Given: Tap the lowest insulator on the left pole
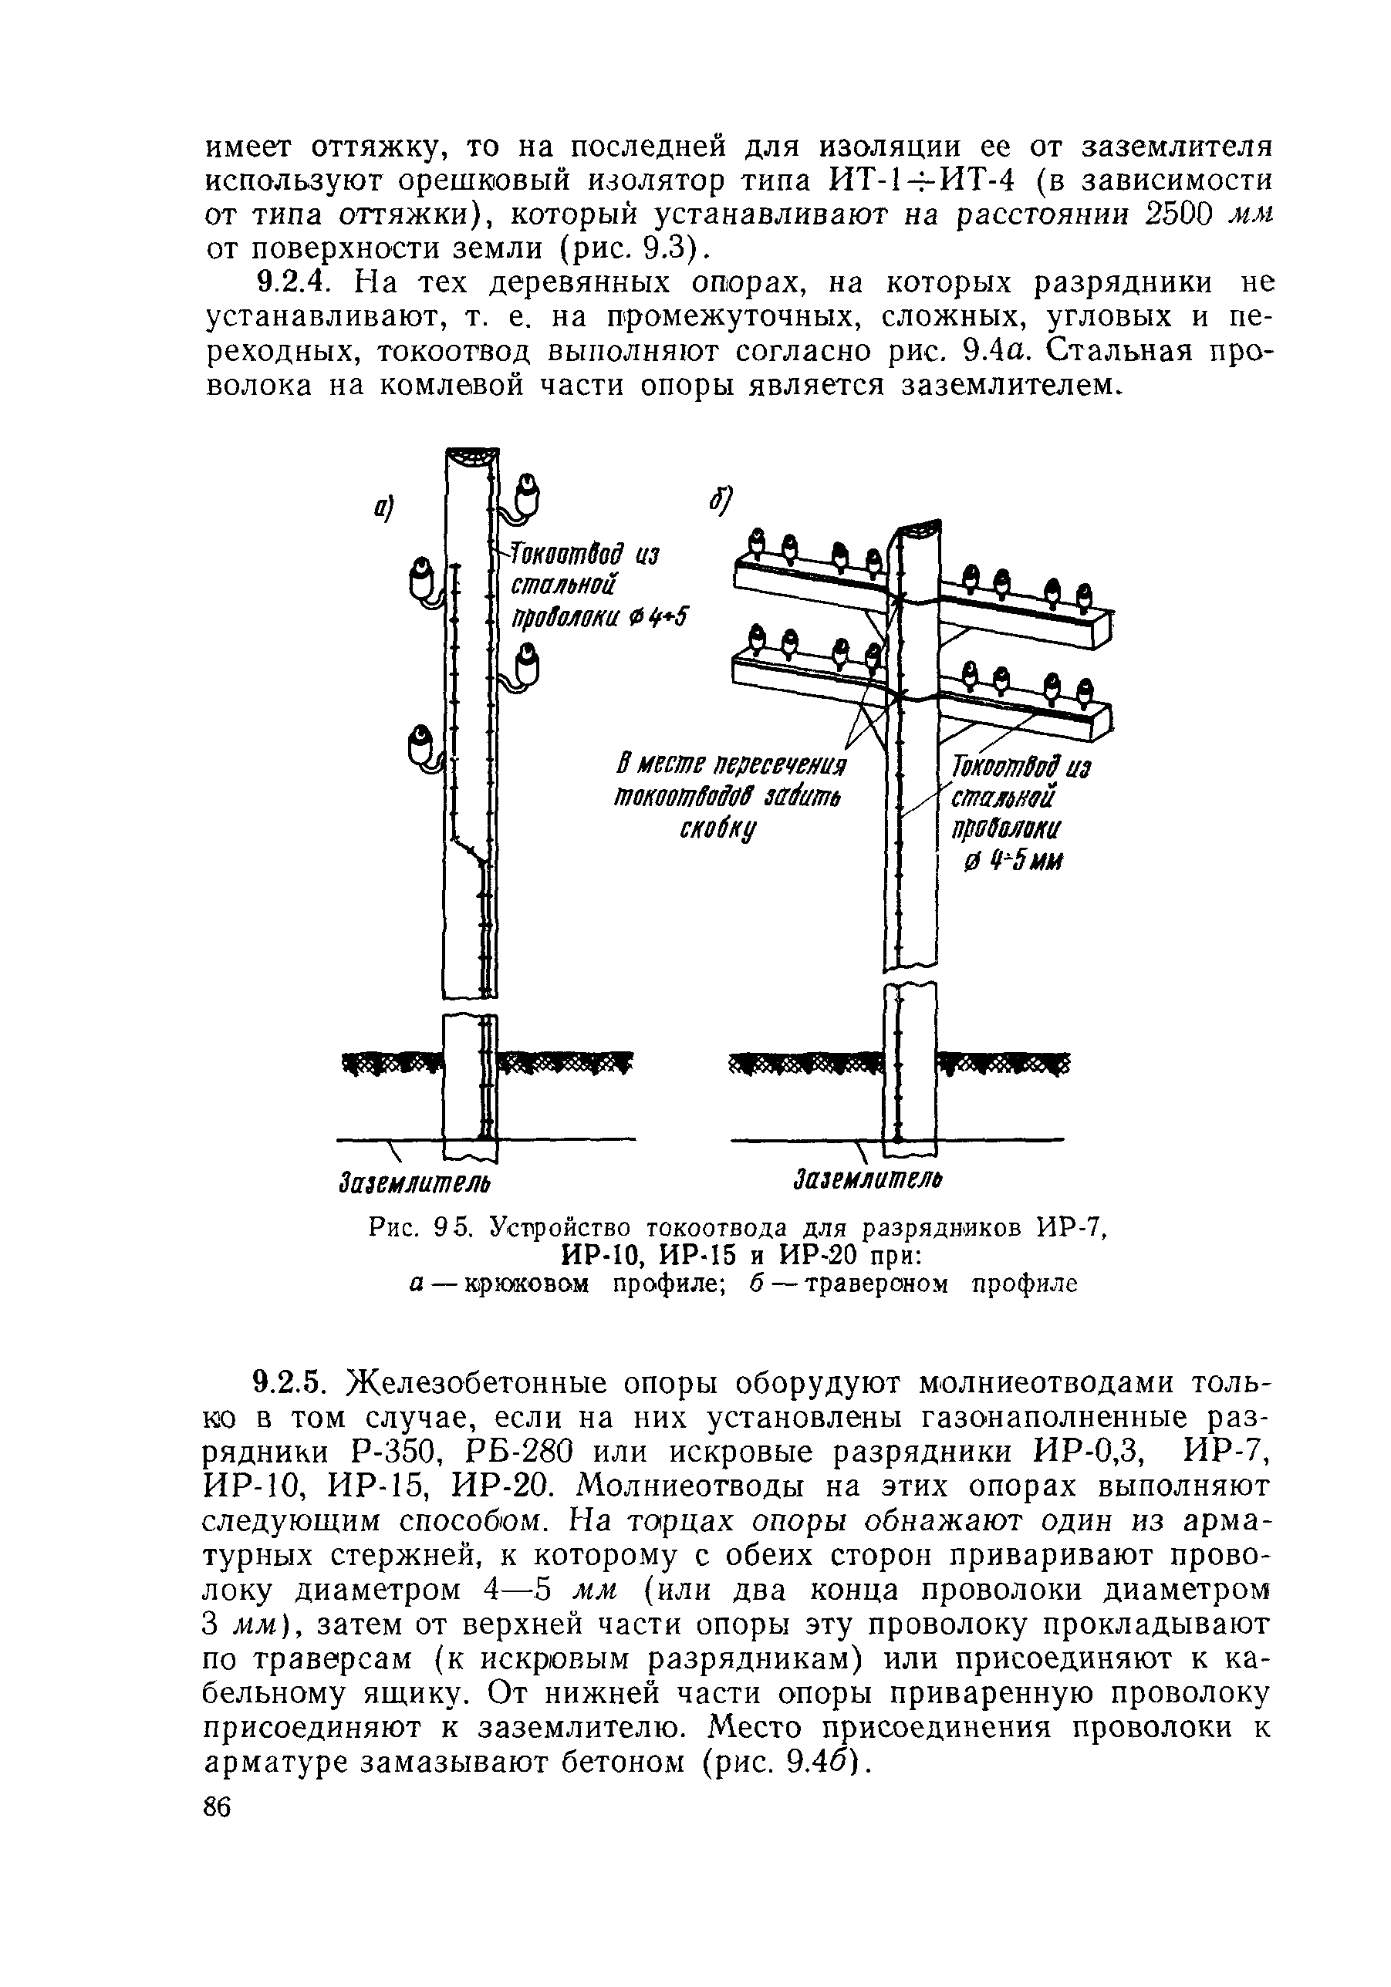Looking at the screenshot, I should [420, 744].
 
